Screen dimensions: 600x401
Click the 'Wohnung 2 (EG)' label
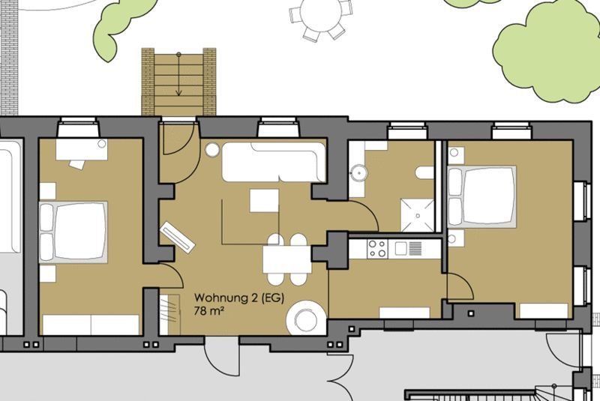pyautogui.click(x=239, y=298)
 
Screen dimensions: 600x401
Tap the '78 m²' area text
pyautogui.click(x=208, y=310)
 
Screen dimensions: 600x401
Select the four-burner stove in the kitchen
pyautogui.click(x=377, y=248)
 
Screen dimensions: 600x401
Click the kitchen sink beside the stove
pyautogui.click(x=401, y=249)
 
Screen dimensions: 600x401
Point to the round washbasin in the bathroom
pyautogui.click(x=359, y=173)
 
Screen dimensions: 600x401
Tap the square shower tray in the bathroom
pyautogui.click(x=418, y=215)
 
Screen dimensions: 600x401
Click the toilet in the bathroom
pyautogui.click(x=424, y=173)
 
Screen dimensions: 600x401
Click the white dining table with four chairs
pyautogui.click(x=287, y=259)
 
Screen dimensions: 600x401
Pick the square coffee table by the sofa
pyautogui.click(x=265, y=200)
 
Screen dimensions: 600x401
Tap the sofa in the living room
pyautogui.click(x=274, y=162)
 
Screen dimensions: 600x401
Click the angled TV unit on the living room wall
pyautogui.click(x=178, y=237)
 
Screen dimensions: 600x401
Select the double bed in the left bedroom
pyautogui.click(x=73, y=232)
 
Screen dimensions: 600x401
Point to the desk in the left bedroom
pyautogui.click(x=82, y=149)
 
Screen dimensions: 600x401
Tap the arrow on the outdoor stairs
pyautogui.click(x=178, y=73)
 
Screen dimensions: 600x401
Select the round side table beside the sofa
pyautogui.click(x=212, y=150)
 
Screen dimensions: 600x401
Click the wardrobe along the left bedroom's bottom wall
pyautogui.click(x=91, y=325)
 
